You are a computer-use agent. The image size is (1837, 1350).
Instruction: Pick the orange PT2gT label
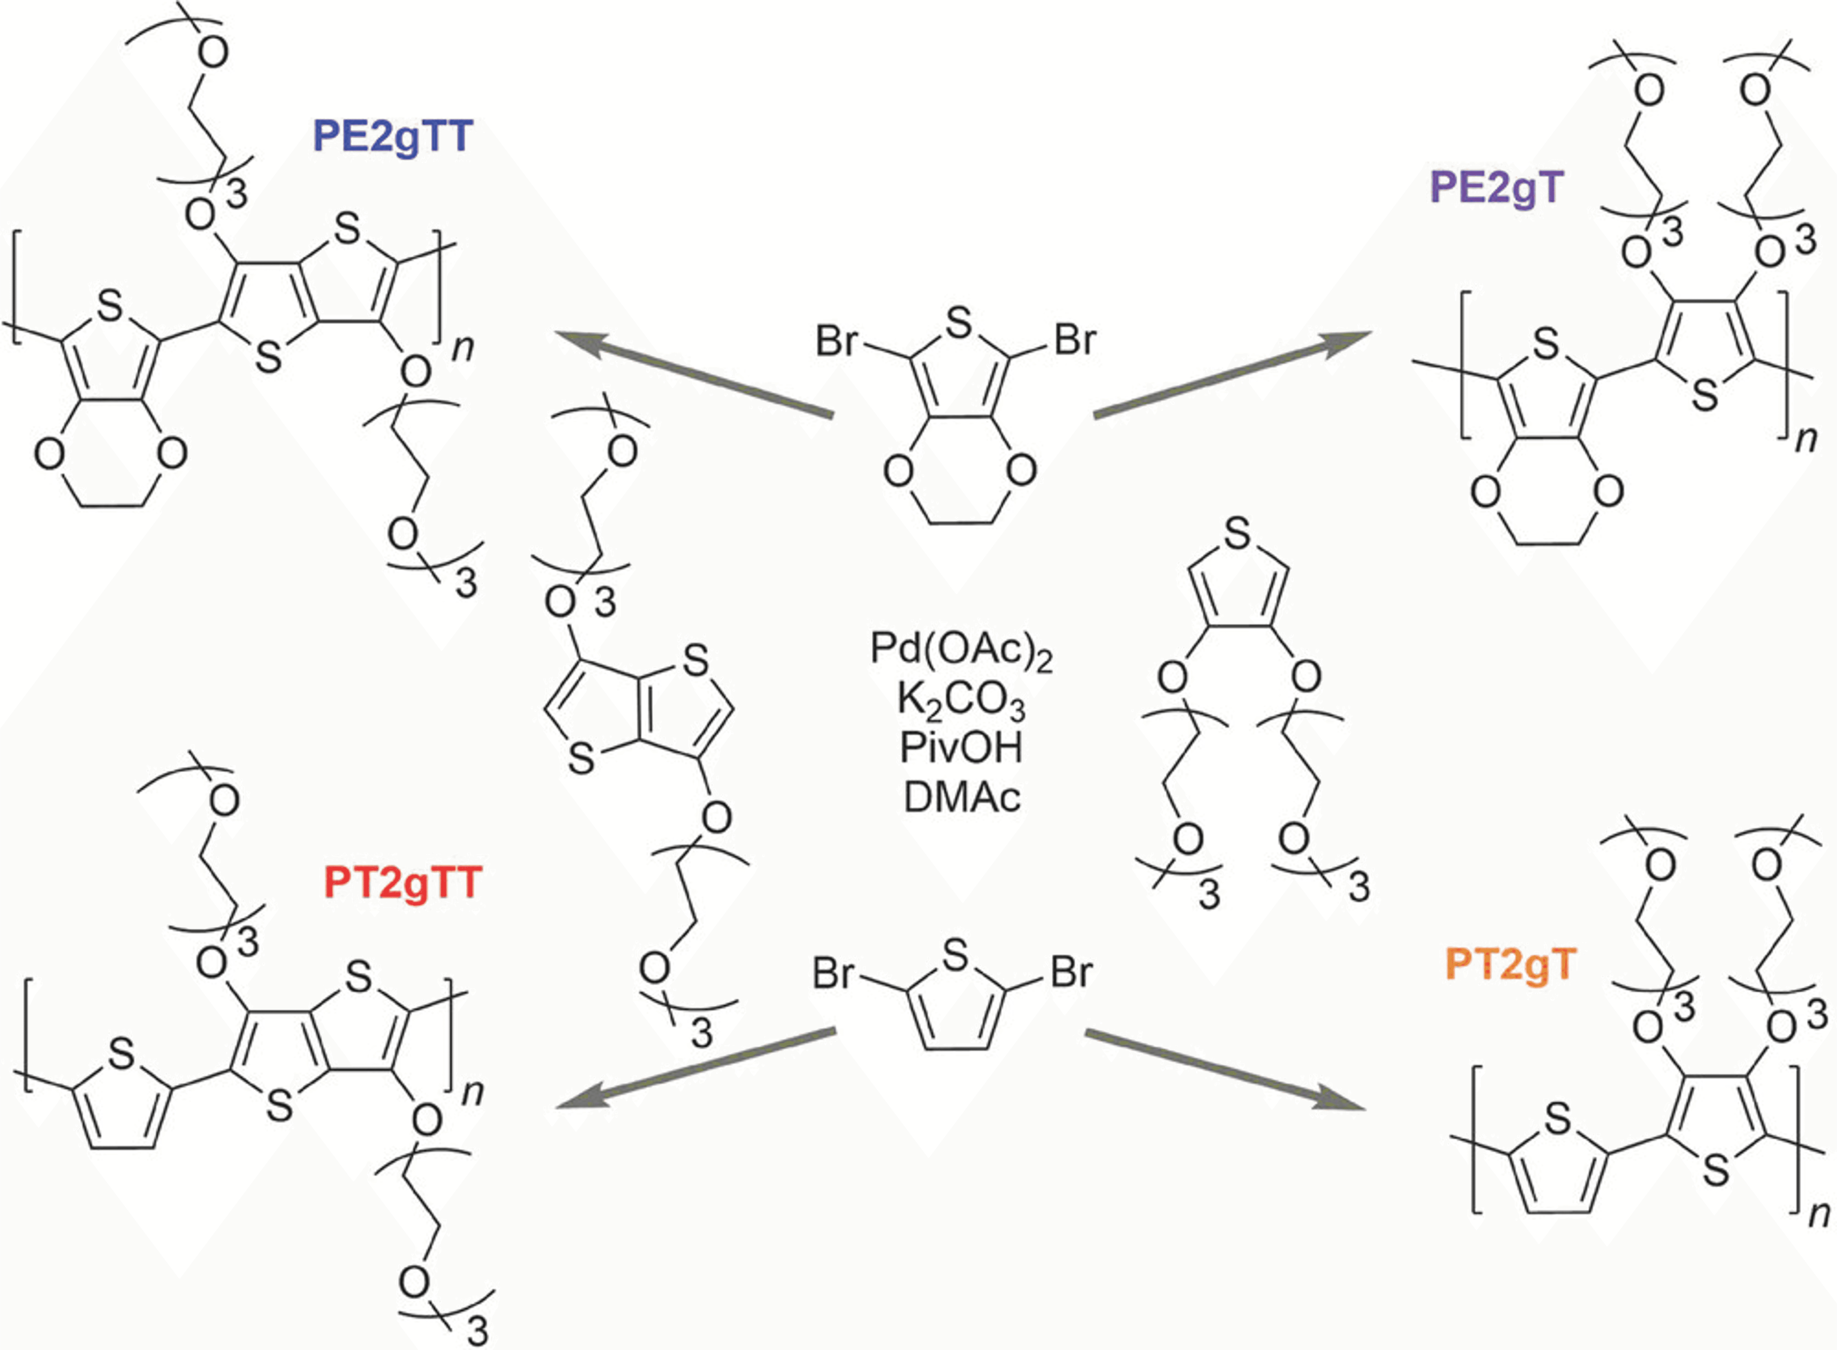coord(1508,964)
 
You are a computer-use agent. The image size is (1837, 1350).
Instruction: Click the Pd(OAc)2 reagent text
coord(961,650)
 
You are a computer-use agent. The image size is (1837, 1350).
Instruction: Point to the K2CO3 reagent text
coord(961,700)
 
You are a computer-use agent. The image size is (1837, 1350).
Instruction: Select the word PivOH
coord(961,748)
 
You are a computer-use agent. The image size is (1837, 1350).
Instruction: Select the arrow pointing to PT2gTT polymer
coord(695,1070)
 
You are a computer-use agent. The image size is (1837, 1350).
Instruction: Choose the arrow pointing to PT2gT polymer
coord(1226,1070)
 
